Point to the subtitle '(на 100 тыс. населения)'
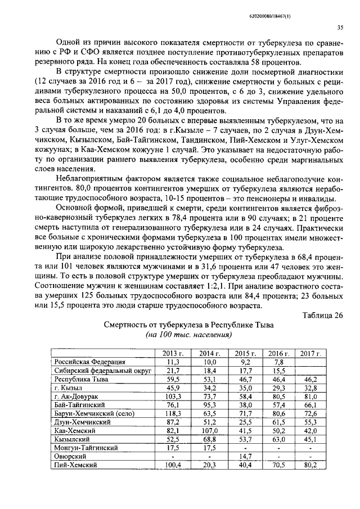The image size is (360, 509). point(189,335)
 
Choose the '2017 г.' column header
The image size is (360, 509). point(310,353)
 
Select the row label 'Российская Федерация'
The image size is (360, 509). point(90,362)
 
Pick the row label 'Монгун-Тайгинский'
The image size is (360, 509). point(86,448)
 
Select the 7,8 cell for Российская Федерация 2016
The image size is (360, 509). point(278,362)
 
